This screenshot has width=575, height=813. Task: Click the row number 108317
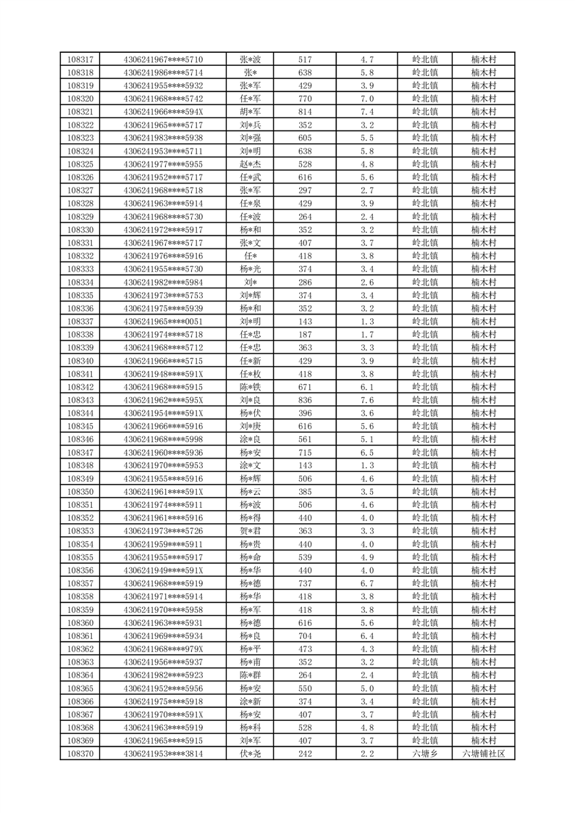point(80,59)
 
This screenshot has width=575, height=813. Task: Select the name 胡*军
point(250,112)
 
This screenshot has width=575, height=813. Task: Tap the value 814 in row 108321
point(305,112)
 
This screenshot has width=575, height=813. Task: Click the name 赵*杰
point(250,164)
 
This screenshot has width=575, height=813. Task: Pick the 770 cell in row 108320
point(305,99)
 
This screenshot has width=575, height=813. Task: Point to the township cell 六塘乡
point(424,754)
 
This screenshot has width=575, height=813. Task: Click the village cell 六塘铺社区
point(482,754)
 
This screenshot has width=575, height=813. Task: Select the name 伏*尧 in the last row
point(250,754)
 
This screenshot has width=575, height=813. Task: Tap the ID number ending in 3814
point(163,754)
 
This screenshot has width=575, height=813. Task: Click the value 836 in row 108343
point(305,400)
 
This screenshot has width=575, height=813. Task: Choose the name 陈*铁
point(250,387)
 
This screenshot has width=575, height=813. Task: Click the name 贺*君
point(250,531)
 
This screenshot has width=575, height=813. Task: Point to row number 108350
point(80,492)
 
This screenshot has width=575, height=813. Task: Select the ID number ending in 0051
point(163,322)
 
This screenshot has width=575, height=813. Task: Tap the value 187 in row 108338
point(305,335)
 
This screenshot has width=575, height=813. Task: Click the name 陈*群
point(250,675)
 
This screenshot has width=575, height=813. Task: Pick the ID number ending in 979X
point(163,649)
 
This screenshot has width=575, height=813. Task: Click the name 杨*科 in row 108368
point(250,728)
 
